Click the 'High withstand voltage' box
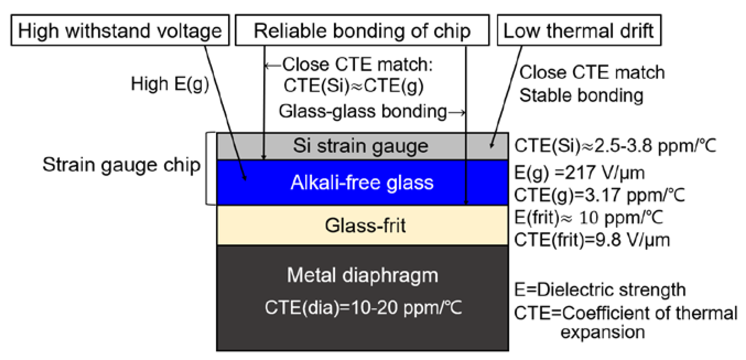coord(120,30)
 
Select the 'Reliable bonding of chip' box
coord(362,30)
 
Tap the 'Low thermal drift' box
coord(579,30)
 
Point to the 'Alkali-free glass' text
coord(362,183)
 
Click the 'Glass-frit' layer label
coord(365,225)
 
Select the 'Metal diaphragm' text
coord(362,275)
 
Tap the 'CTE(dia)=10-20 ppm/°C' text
coord(363,307)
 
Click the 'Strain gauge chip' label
coord(121,165)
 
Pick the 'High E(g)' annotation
coord(170,84)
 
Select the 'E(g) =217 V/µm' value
coord(579,173)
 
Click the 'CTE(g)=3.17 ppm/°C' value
coord(599,195)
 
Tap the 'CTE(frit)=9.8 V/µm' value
coord(592,240)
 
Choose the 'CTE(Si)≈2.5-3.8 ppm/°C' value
coord(615,145)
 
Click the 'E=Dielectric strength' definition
coord(600,289)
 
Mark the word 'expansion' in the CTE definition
coord(603,332)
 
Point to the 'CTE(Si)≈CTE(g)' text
coord(353,86)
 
